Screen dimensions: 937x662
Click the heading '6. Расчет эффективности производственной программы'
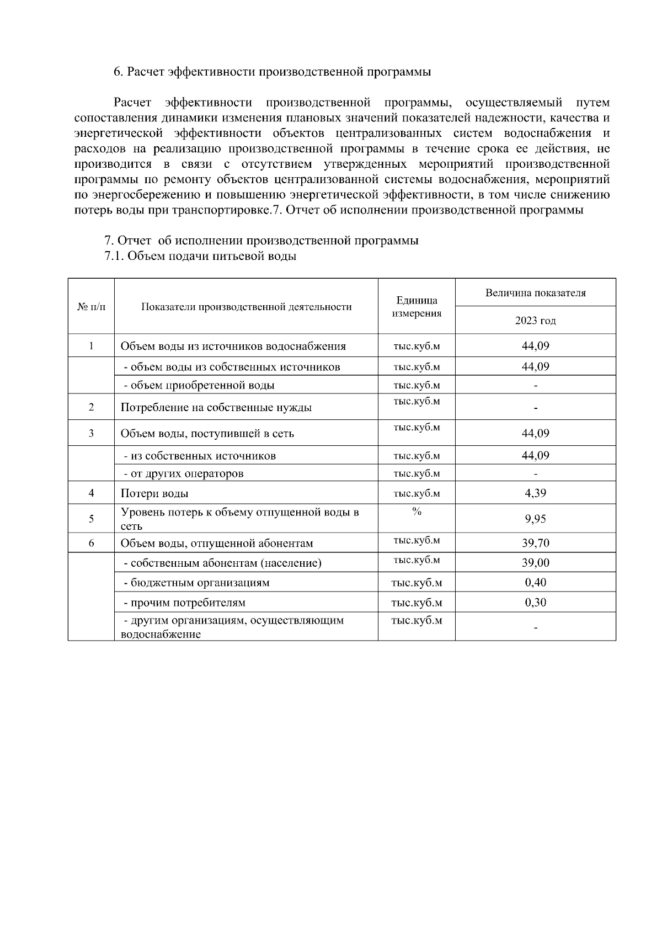pyautogui.click(x=272, y=72)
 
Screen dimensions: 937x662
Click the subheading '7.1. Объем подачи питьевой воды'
pyautogui.click(x=200, y=257)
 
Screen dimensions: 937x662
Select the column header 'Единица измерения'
pyautogui.click(x=417, y=307)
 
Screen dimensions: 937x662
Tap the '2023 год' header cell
pyautogui.click(x=535, y=321)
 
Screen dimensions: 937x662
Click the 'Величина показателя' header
pyautogui.click(x=535, y=293)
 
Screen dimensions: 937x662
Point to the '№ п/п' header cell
pyautogui.click(x=91, y=307)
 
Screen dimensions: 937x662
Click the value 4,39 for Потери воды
pyautogui.click(x=535, y=493)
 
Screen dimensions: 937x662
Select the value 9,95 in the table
pyautogui.click(x=535, y=519)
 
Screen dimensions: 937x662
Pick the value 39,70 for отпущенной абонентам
pyautogui.click(x=535, y=543)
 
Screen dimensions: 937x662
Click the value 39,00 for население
pyautogui.click(x=535, y=562)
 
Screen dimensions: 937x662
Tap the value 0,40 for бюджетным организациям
pyautogui.click(x=535, y=582)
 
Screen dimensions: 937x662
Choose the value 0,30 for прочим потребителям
pyautogui.click(x=535, y=602)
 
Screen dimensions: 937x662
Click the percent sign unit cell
pyautogui.click(x=417, y=512)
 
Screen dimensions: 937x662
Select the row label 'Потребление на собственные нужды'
pyautogui.click(x=216, y=408)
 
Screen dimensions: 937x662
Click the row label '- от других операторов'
pyautogui.click(x=183, y=473)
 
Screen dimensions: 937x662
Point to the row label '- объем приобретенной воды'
pyautogui.click(x=199, y=385)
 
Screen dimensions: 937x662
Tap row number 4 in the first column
pyautogui.click(x=91, y=493)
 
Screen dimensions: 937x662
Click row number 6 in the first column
pyautogui.click(x=91, y=543)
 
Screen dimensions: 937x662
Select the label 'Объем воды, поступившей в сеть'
pyautogui.click(x=207, y=434)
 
